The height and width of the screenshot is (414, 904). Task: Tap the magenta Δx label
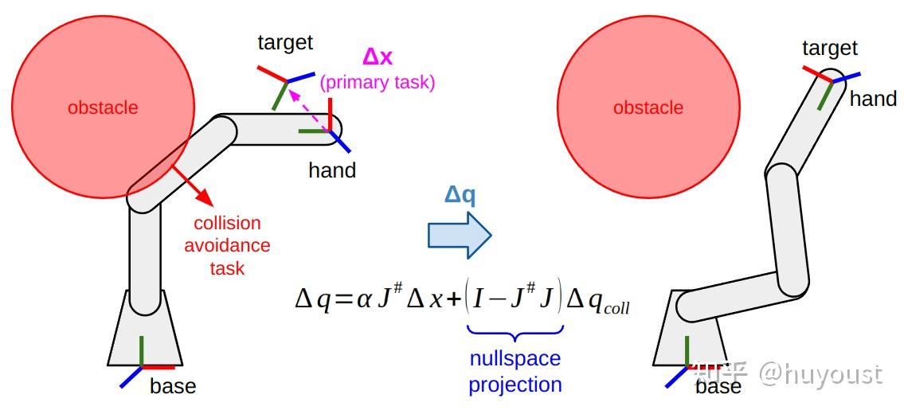(378, 57)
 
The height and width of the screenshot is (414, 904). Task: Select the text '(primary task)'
(378, 83)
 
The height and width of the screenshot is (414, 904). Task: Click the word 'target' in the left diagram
(285, 42)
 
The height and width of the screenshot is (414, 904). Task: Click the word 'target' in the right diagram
(830, 49)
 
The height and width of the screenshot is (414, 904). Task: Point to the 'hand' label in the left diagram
(332, 170)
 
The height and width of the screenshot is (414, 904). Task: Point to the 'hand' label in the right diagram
(873, 99)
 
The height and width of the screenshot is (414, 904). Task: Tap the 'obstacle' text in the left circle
(103, 107)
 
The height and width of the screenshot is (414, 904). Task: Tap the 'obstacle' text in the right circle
(648, 107)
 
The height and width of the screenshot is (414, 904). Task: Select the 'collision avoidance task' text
(227, 245)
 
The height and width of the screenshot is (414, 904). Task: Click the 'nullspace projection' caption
(515, 372)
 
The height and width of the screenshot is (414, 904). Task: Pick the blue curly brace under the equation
(515, 334)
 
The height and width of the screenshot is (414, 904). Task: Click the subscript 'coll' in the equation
(616, 307)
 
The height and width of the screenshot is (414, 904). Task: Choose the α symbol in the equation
(364, 300)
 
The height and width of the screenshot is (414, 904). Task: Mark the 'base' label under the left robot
(173, 387)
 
